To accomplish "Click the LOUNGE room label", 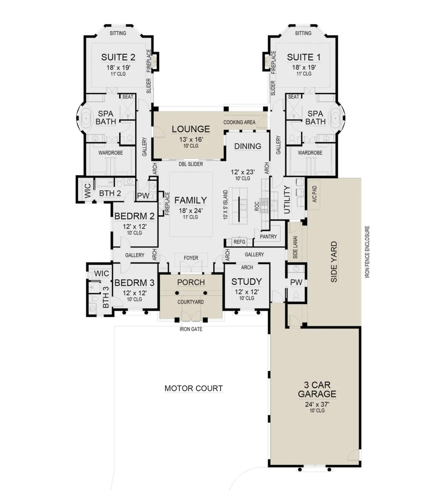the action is tap(191, 129).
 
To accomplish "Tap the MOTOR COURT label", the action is tap(194, 388).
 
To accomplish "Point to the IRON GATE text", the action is tap(191, 329).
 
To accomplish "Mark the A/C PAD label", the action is tap(314, 194).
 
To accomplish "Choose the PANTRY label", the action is tap(268, 236).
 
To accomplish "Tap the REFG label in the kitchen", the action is tap(239, 242).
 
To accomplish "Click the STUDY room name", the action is tap(246, 281).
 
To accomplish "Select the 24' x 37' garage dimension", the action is tap(317, 404).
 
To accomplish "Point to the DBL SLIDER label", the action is tap(191, 164).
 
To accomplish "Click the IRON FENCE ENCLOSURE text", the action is tap(367, 252).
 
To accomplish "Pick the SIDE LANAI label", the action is tap(295, 247).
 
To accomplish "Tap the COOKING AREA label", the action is tap(239, 122).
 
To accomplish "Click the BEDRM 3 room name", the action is tap(134, 283).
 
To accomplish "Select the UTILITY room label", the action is tap(287, 200).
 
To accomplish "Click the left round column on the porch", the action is tap(177, 293).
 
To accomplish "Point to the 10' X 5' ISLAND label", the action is tap(226, 205).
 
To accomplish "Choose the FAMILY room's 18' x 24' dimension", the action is tap(191, 210).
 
